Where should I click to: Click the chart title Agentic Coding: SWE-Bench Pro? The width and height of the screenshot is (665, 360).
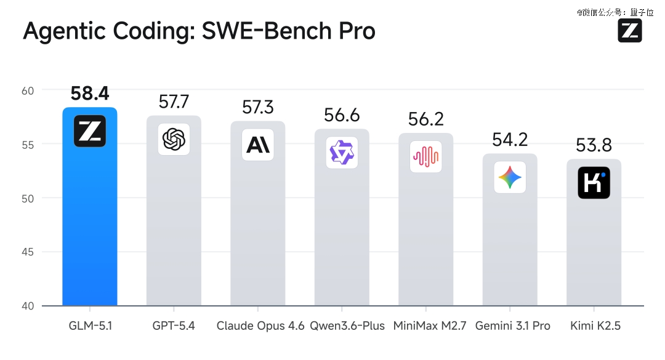click(199, 31)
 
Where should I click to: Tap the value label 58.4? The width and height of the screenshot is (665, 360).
click(90, 94)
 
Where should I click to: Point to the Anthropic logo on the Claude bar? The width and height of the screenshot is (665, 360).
click(257, 145)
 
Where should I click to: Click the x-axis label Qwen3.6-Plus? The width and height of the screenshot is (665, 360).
click(347, 326)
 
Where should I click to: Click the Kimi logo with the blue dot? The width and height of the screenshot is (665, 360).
click(594, 183)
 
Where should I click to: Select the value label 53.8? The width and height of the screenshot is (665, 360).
click(594, 146)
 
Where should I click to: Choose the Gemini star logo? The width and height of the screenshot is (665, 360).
click(510, 178)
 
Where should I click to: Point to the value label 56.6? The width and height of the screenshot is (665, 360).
click(342, 115)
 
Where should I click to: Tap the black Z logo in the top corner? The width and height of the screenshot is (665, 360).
click(629, 31)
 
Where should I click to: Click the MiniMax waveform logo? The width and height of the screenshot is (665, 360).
click(426, 156)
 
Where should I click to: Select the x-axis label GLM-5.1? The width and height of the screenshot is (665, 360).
click(90, 326)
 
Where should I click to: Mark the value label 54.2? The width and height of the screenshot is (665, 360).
click(510, 140)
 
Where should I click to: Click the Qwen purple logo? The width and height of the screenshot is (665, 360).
click(342, 153)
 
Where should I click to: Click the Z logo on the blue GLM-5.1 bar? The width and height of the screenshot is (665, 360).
click(90, 131)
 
